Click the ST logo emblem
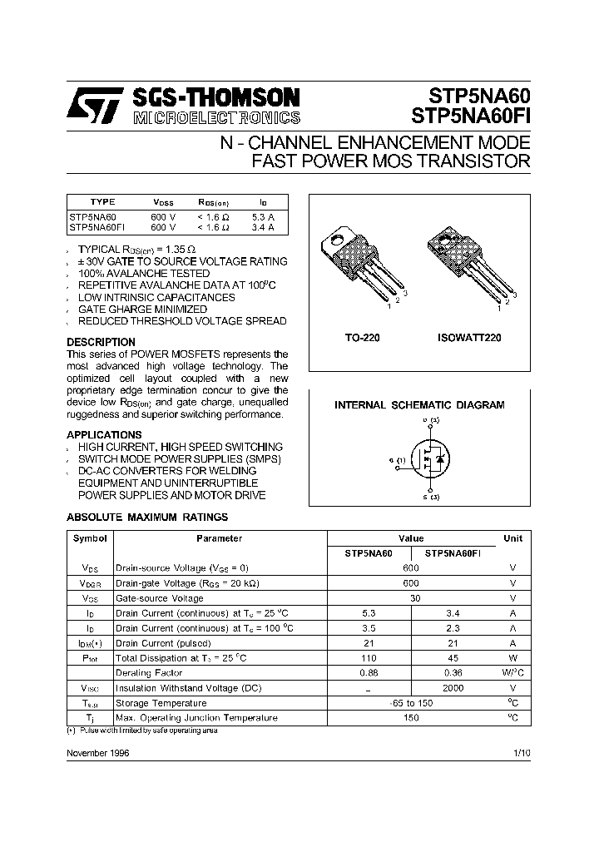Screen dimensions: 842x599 tap(95, 106)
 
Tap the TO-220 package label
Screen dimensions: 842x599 tap(362, 339)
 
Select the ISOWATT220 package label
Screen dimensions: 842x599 tap(468, 339)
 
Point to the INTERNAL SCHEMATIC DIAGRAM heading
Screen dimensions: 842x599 tap(419, 405)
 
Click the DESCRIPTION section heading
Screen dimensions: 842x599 tap(101, 342)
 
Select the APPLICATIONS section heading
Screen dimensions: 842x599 tap(104, 434)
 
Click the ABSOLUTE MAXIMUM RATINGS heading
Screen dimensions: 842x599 tap(147, 517)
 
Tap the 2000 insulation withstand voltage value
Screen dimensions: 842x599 tap(453, 687)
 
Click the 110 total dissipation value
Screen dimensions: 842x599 tap(369, 657)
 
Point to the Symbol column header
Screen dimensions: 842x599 tap(90, 538)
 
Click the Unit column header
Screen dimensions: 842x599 tap(512, 538)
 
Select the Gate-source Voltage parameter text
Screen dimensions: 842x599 tap(159, 598)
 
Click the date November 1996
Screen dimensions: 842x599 tap(98, 752)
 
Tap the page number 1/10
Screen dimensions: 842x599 tap(522, 752)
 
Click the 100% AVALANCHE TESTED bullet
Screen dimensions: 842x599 tap(144, 273)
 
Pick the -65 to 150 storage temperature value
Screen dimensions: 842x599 tap(411, 702)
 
